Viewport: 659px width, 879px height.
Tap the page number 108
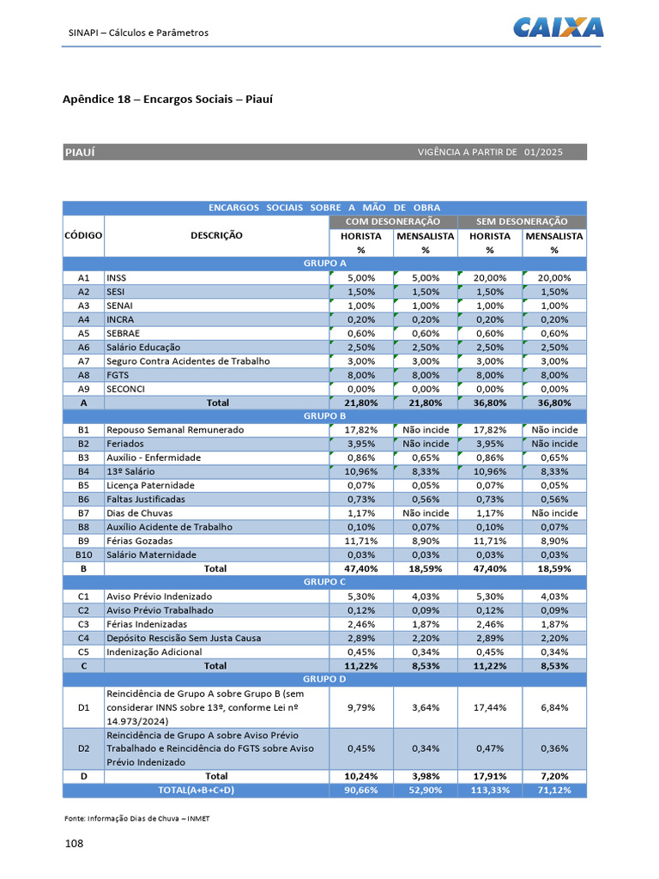point(75,844)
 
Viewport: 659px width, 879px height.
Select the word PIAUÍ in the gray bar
point(80,152)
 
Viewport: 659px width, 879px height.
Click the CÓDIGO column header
point(83,235)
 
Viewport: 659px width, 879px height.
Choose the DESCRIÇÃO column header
point(216,235)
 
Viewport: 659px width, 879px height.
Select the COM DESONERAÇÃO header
point(393,221)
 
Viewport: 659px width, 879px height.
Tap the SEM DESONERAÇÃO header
point(522,221)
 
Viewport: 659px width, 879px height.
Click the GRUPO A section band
point(324,264)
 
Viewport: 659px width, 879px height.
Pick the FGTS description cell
point(117,375)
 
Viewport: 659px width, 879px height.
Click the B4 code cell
point(83,471)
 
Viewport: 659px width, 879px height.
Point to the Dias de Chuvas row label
point(136,512)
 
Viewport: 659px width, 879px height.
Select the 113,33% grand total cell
point(489,790)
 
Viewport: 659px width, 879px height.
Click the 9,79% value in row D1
point(360,707)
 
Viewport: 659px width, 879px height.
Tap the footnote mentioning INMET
point(137,818)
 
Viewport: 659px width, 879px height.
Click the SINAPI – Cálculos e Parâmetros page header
point(138,33)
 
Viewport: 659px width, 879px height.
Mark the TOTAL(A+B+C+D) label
point(195,790)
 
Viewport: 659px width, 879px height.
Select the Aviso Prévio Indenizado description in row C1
point(159,596)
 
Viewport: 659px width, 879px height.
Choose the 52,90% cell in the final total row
point(426,790)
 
